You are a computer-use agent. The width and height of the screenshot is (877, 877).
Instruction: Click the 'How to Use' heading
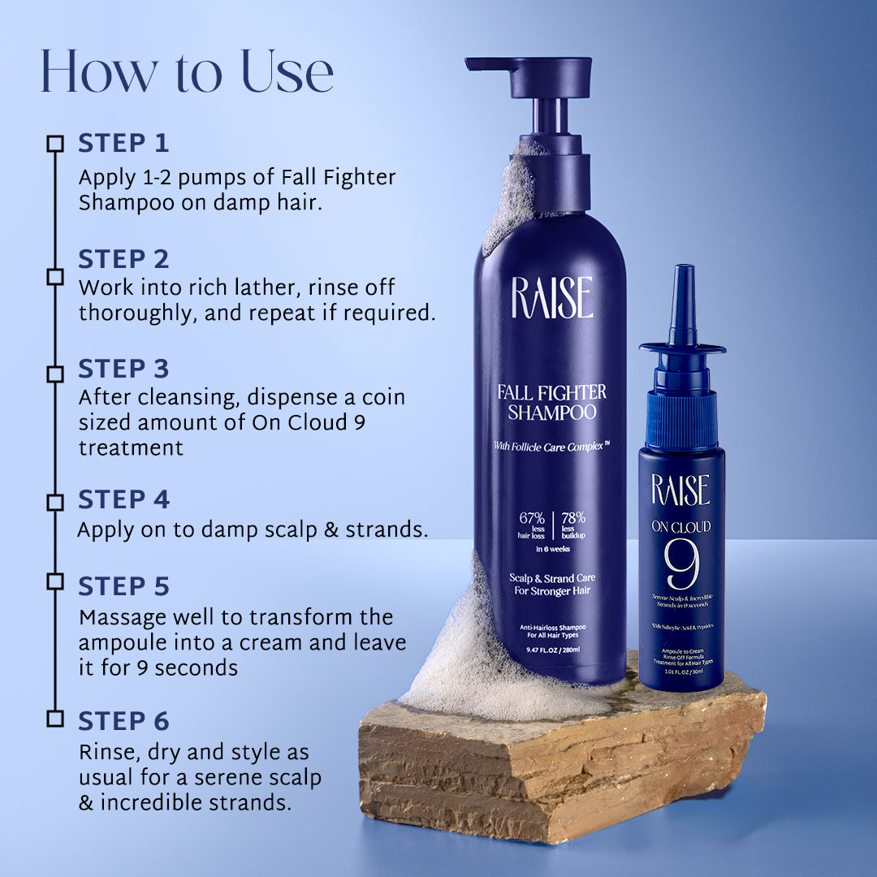[x=187, y=71]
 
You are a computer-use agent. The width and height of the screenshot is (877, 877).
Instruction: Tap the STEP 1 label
[x=123, y=144]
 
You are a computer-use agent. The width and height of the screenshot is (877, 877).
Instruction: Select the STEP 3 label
[x=123, y=369]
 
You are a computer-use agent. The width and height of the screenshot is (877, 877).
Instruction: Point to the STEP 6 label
[x=123, y=721]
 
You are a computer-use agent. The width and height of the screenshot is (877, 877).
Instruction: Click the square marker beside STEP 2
[x=55, y=277]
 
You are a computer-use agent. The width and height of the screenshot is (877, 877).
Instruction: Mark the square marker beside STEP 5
[x=55, y=581]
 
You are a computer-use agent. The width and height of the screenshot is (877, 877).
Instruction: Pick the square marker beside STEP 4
[x=55, y=503]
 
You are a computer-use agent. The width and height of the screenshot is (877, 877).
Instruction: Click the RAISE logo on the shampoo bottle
[x=551, y=298]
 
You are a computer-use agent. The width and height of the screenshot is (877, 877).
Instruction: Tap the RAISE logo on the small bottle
[x=680, y=490]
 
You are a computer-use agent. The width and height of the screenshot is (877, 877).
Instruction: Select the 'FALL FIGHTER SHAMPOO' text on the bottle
[x=551, y=403]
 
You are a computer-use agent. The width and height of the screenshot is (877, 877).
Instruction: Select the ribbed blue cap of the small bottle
[x=682, y=421]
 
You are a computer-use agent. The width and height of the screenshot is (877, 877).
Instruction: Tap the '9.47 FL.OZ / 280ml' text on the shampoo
[x=551, y=650]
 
